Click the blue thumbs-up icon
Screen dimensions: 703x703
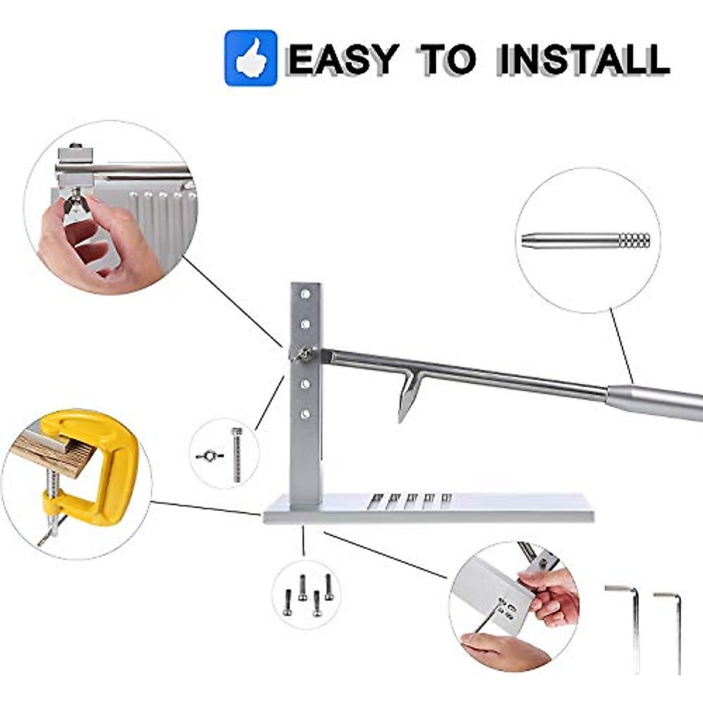pyautogui.click(x=251, y=58)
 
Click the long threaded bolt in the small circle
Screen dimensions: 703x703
pyautogui.click(x=237, y=454)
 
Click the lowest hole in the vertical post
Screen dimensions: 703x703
pyautogui.click(x=305, y=414)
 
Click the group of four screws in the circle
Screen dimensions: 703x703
pyautogui.click(x=308, y=595)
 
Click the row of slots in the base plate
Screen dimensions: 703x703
pyautogui.click(x=410, y=500)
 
